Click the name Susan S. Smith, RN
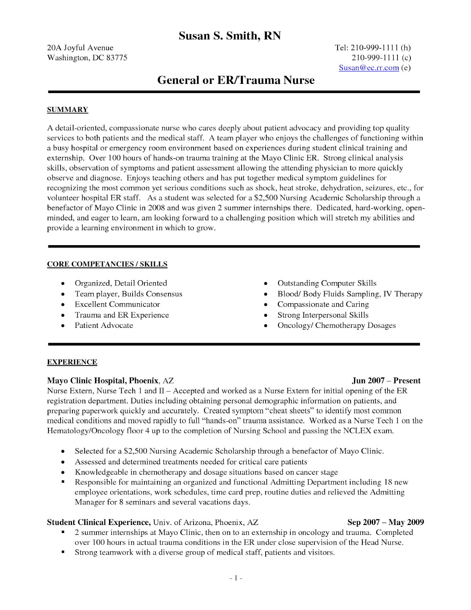click(x=230, y=36)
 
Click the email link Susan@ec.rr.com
click(x=368, y=68)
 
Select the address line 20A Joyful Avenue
click(x=80, y=48)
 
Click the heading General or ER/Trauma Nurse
click(x=236, y=80)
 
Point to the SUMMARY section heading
click(x=67, y=110)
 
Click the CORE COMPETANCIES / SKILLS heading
click(x=107, y=264)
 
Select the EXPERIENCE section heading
click(x=72, y=362)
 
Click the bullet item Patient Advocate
click(x=104, y=326)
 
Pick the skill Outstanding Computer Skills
click(x=327, y=283)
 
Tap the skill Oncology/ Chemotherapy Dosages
click(x=336, y=326)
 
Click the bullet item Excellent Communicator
click(x=117, y=304)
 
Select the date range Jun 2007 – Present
click(x=386, y=380)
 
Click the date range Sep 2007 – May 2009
click(x=385, y=522)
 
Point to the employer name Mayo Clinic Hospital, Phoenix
click(x=103, y=380)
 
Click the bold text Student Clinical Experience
click(x=99, y=522)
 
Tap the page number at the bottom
click(x=236, y=578)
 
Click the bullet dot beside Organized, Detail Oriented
click(x=63, y=284)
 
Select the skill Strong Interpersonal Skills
click(x=323, y=315)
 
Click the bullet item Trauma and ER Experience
click(x=122, y=315)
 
